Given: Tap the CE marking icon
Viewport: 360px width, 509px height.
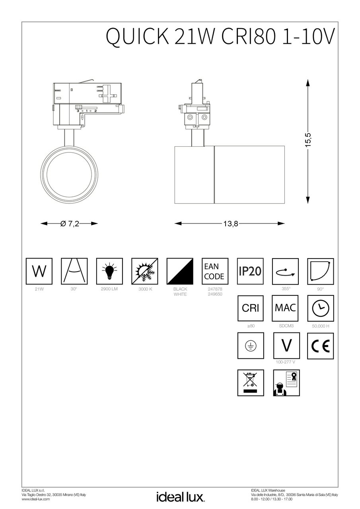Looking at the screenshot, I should pos(320,346).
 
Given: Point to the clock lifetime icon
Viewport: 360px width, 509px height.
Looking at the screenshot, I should pos(320,308).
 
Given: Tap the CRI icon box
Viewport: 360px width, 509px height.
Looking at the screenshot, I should pos(250,308).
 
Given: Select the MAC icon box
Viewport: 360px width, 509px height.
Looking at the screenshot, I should pos(285,308).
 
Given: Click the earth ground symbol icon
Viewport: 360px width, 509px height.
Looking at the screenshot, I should pos(250,346).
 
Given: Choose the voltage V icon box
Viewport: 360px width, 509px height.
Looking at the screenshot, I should pos(285,346).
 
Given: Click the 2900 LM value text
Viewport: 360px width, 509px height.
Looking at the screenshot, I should pos(109,289).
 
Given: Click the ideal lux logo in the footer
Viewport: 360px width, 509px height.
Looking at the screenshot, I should pos(180,496).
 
